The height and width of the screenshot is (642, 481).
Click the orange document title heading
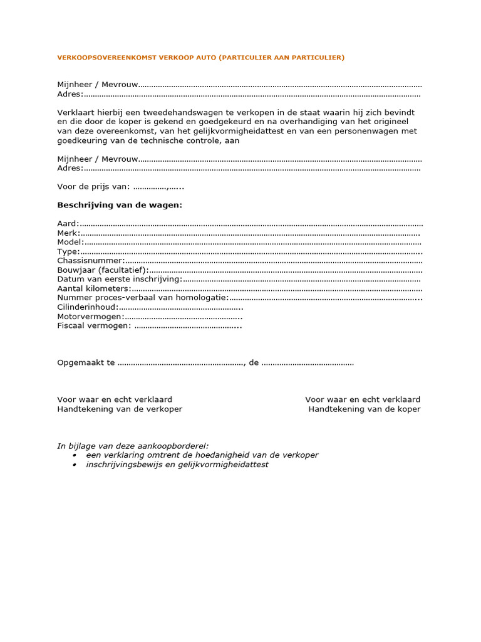(200, 58)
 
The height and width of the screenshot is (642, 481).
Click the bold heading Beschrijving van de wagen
(120, 205)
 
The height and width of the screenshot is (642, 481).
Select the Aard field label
(68, 224)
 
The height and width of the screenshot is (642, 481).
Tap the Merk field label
(68, 233)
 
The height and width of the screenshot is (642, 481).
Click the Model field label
(70, 242)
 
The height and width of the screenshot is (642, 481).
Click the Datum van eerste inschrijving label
(119, 279)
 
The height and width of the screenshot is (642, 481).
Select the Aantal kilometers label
(94, 288)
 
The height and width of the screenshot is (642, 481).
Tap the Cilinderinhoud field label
(87, 307)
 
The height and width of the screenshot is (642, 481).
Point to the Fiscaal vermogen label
(94, 325)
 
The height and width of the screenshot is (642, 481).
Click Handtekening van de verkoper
(120, 409)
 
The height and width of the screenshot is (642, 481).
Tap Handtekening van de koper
(364, 409)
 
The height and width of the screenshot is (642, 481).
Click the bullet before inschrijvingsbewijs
(75, 465)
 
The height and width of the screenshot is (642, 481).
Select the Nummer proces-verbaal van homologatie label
(142, 298)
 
